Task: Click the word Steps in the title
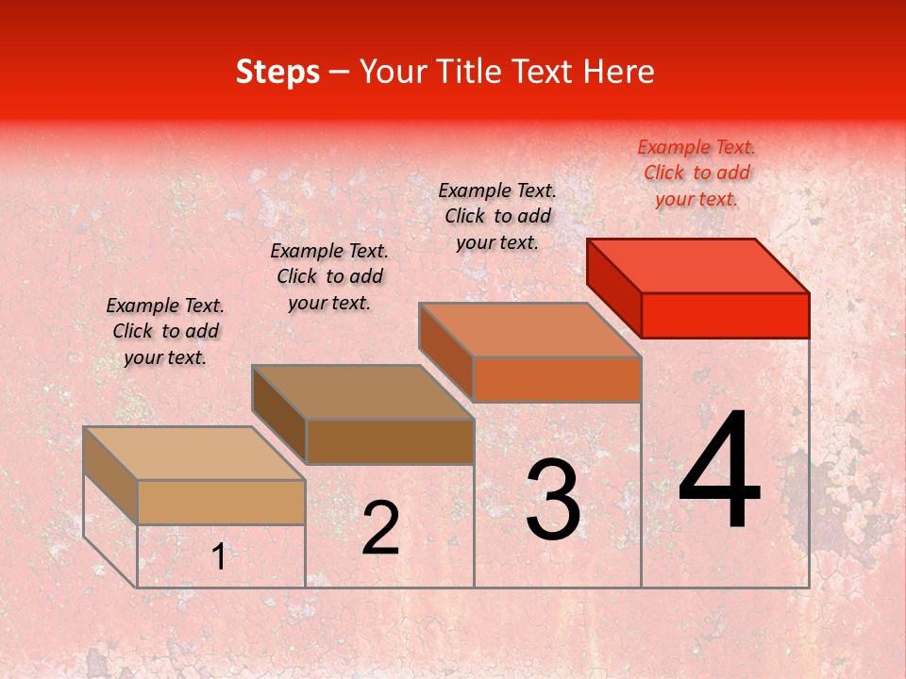tap(277, 72)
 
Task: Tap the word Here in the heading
tap(618, 72)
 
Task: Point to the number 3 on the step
tap(553, 500)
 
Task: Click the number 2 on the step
tap(380, 528)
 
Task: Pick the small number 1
tap(218, 557)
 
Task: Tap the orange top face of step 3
tap(529, 329)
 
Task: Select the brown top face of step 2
tap(362, 391)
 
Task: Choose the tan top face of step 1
tap(193, 454)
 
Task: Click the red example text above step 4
tap(696, 173)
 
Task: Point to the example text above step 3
tap(497, 216)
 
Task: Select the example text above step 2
tap(329, 276)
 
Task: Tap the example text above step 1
tap(165, 331)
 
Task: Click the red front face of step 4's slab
tap(725, 315)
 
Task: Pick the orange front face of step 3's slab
tap(557, 379)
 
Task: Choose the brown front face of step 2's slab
tap(390, 441)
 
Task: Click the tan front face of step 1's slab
tap(221, 502)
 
